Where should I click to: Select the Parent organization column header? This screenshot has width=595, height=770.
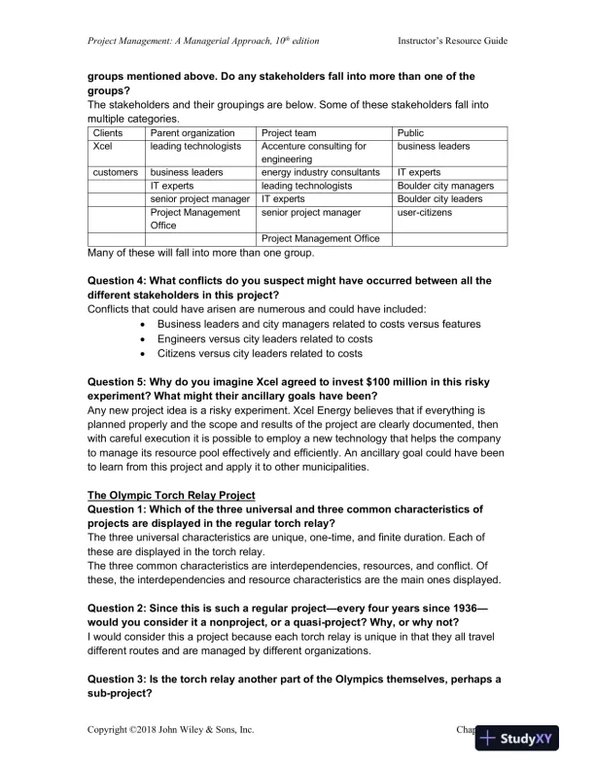click(192, 133)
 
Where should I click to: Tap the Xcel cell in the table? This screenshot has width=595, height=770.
click(102, 147)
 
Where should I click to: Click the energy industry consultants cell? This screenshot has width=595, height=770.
click(320, 172)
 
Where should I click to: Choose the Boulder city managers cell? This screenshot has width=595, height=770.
click(445, 186)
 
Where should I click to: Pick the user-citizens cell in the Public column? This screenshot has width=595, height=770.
click(432, 212)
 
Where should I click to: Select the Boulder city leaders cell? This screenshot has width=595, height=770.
click(439, 198)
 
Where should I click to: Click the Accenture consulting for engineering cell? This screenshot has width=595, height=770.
click(314, 153)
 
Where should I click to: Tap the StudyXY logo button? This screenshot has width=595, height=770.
click(529, 739)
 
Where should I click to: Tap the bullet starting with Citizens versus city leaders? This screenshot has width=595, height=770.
click(253, 354)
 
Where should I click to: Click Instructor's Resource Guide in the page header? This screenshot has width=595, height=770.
click(452, 41)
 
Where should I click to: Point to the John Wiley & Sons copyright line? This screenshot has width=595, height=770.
click(171, 728)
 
